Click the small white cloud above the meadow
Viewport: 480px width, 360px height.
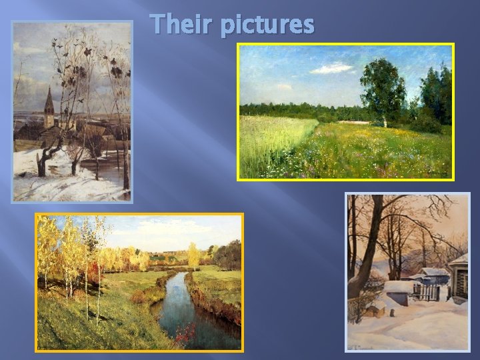[331, 68]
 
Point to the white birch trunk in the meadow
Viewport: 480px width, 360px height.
[385, 121]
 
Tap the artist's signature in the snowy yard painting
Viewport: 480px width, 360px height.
[363, 344]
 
